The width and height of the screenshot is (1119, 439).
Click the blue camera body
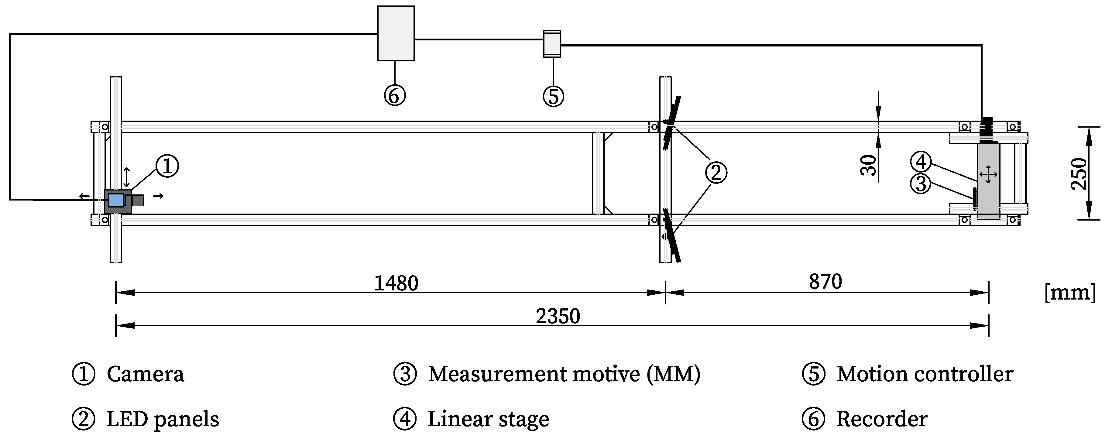[115, 200]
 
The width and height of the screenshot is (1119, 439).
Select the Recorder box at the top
[396, 33]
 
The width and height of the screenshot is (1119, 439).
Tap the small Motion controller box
[552, 43]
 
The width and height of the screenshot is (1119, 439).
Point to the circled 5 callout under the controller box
[553, 96]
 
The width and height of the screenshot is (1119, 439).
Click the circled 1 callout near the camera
[167, 166]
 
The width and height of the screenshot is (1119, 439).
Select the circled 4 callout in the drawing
[921, 162]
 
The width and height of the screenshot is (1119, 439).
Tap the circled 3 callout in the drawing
[921, 184]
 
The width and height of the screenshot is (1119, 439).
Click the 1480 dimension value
[396, 283]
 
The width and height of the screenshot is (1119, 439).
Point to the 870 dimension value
[825, 282]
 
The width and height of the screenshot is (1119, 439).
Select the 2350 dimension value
[558, 316]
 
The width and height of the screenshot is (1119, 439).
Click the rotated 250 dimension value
[1079, 174]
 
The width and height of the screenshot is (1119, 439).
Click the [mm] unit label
[1070, 292]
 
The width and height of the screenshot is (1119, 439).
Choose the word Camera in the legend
[146, 374]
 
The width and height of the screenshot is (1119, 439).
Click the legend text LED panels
[163, 419]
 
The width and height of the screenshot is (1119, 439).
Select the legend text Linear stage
[488, 419]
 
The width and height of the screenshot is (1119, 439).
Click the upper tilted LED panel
[672, 122]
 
